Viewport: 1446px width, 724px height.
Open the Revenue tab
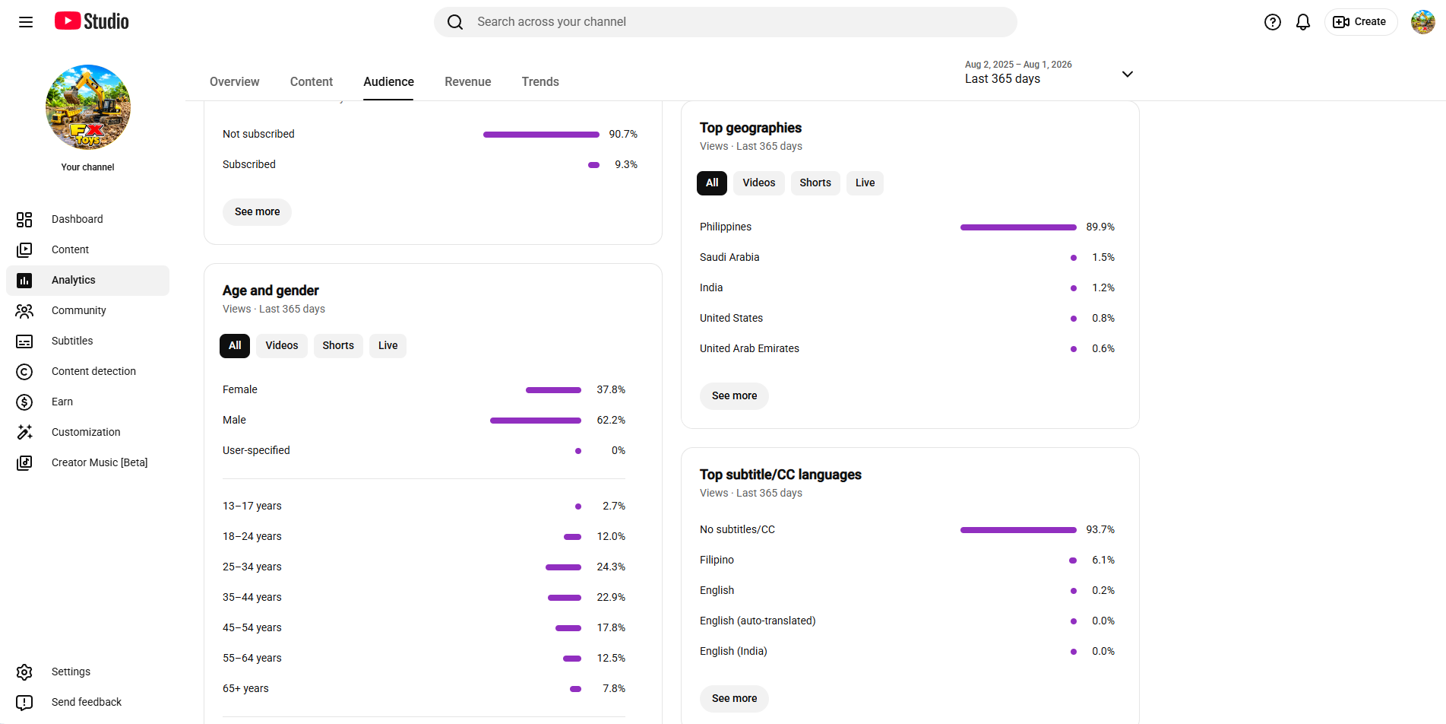click(x=467, y=81)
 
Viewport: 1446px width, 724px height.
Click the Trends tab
click(x=540, y=81)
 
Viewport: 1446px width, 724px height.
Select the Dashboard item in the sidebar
click(x=77, y=219)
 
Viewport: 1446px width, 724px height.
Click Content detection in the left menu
click(x=93, y=371)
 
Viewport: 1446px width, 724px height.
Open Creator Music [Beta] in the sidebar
click(x=100, y=462)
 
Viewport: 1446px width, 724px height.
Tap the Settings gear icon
click(x=24, y=672)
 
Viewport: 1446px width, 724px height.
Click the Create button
click(x=1360, y=22)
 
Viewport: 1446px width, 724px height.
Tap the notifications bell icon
click(x=1303, y=22)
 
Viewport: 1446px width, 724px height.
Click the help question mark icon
click(x=1273, y=22)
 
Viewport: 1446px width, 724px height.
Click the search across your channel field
click(x=725, y=22)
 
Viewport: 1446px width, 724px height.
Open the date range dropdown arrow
click(x=1128, y=74)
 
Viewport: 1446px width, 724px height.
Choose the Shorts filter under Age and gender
click(x=338, y=345)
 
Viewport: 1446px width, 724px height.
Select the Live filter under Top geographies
click(x=865, y=183)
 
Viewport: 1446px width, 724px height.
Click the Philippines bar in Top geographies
click(x=1018, y=227)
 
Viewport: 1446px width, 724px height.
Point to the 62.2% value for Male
click(x=611, y=420)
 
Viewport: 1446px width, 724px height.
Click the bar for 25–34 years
click(x=563, y=567)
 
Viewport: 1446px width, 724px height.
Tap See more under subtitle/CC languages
click(x=734, y=698)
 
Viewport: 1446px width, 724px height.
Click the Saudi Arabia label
click(x=729, y=257)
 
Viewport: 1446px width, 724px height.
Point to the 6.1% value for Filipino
click(x=1103, y=560)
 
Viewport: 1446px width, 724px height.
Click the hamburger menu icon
click(x=26, y=22)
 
